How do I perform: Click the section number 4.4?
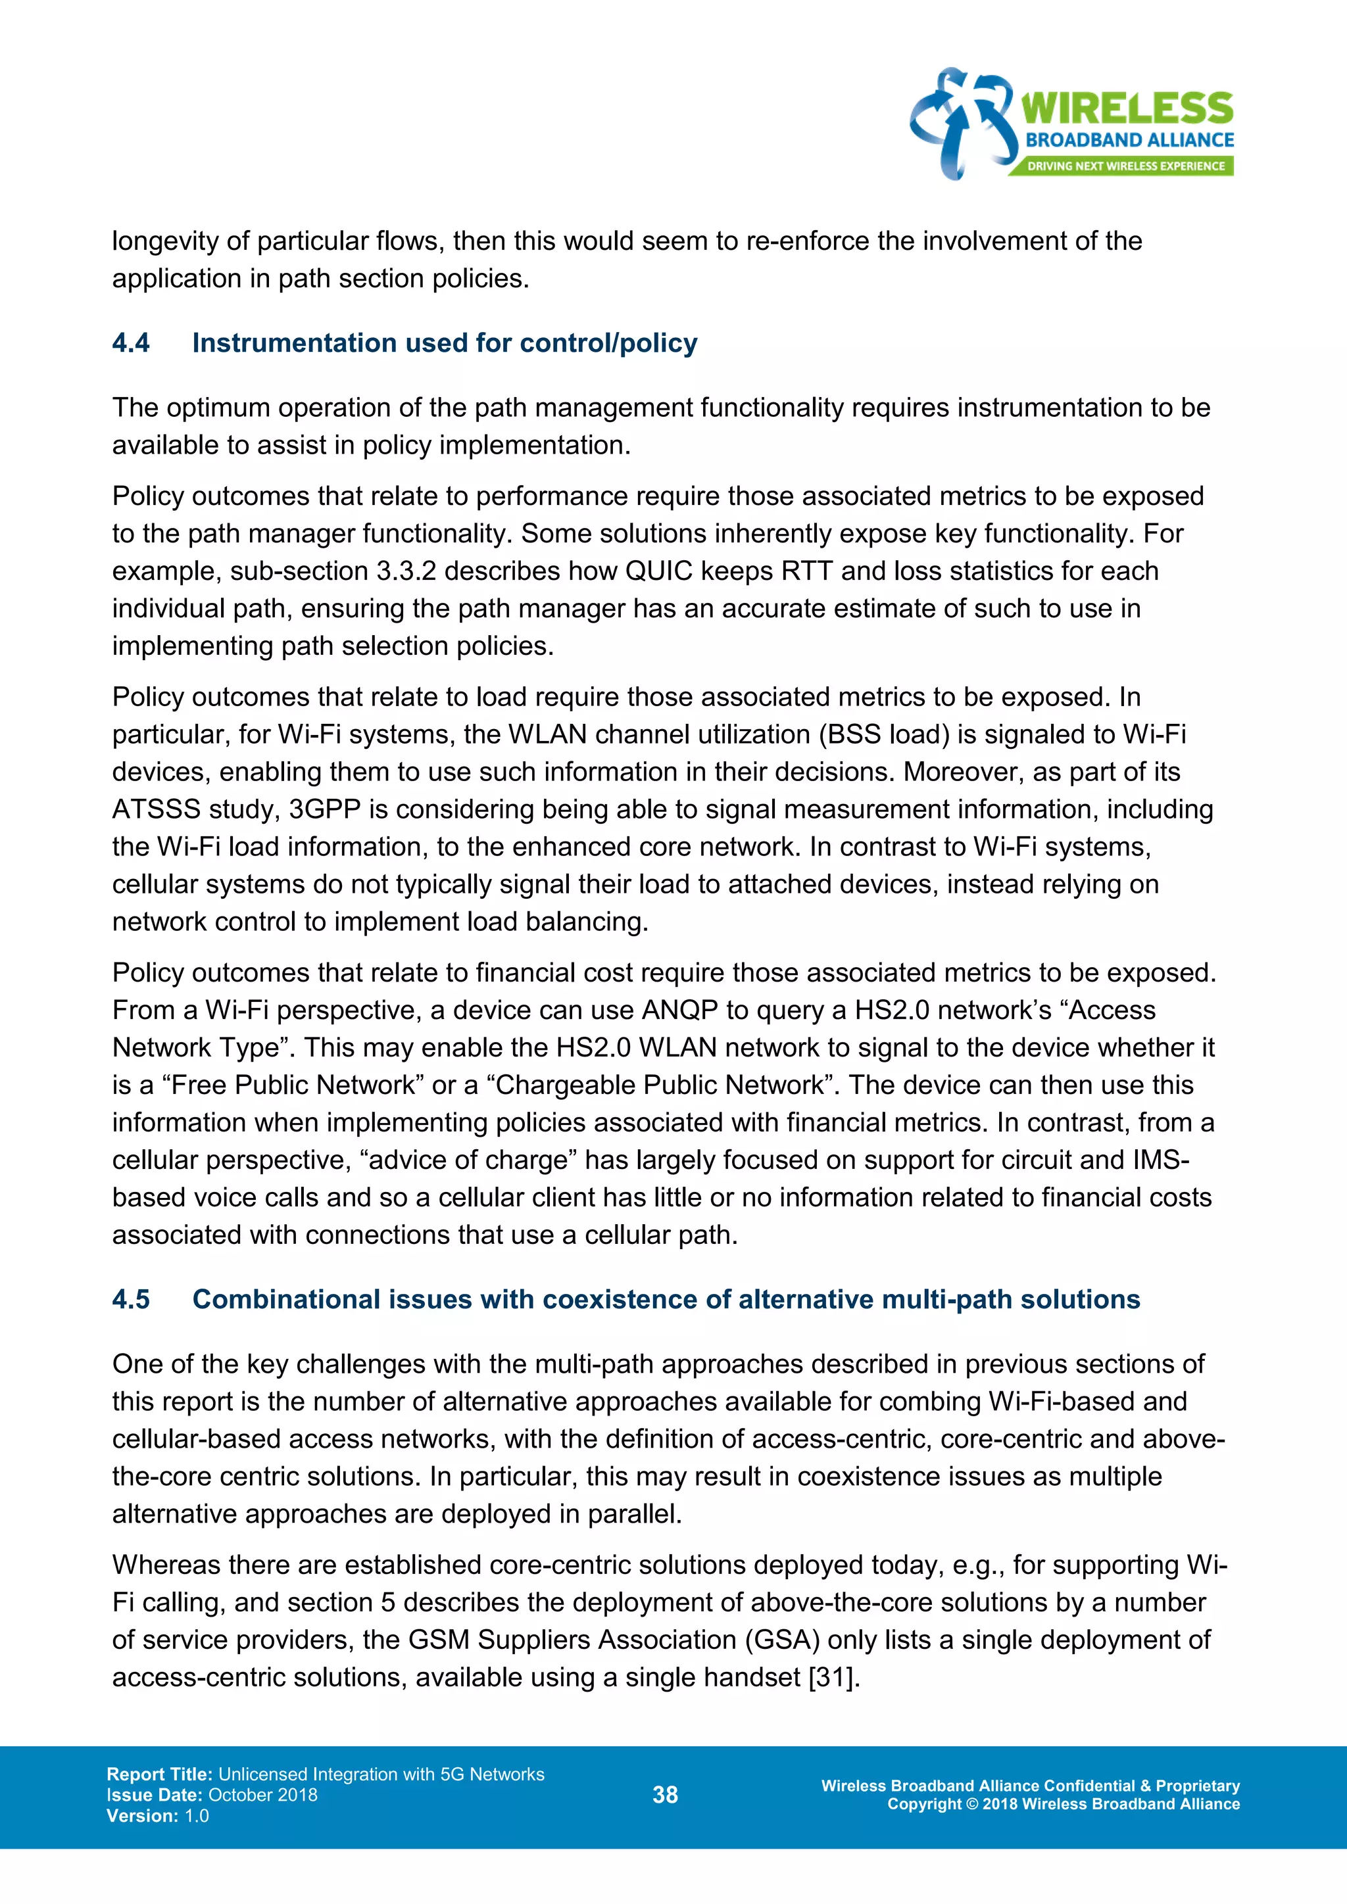[x=131, y=343]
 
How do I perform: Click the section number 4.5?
[x=131, y=1298]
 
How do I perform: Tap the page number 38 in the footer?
[x=664, y=1795]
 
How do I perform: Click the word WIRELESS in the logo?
[x=1127, y=109]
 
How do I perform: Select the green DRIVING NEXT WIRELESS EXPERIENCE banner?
[x=1125, y=166]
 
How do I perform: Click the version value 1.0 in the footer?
[x=197, y=1816]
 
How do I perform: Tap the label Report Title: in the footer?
[x=160, y=1774]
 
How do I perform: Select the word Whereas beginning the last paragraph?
[x=166, y=1565]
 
